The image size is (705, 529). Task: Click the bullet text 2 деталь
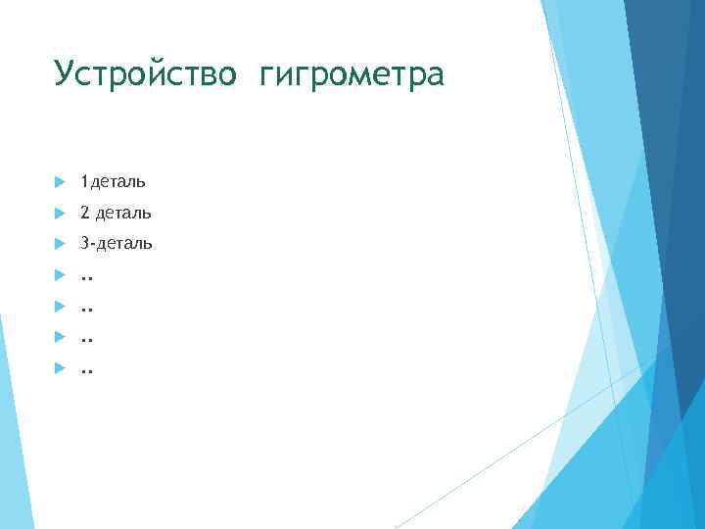(116, 213)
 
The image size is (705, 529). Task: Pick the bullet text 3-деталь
(116, 243)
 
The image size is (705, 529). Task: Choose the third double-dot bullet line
(86, 340)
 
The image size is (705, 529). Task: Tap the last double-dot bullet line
(86, 371)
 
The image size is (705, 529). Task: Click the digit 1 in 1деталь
(84, 181)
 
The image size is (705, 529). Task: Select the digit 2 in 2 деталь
(85, 213)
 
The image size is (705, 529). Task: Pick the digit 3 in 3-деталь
(85, 243)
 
